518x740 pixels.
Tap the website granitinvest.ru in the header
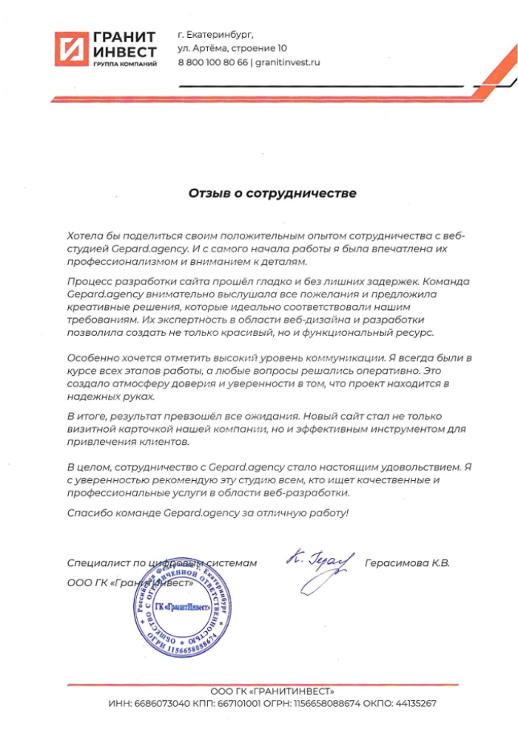click(288, 63)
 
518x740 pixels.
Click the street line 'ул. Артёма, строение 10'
click(232, 49)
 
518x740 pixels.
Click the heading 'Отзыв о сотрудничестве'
click(272, 194)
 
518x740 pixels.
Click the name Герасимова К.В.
click(407, 563)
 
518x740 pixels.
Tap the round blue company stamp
click(182, 607)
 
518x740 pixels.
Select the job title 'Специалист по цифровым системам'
click(161, 563)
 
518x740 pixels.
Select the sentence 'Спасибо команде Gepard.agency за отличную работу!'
click(206, 513)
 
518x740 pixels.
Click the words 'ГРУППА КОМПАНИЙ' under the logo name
click(124, 66)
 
